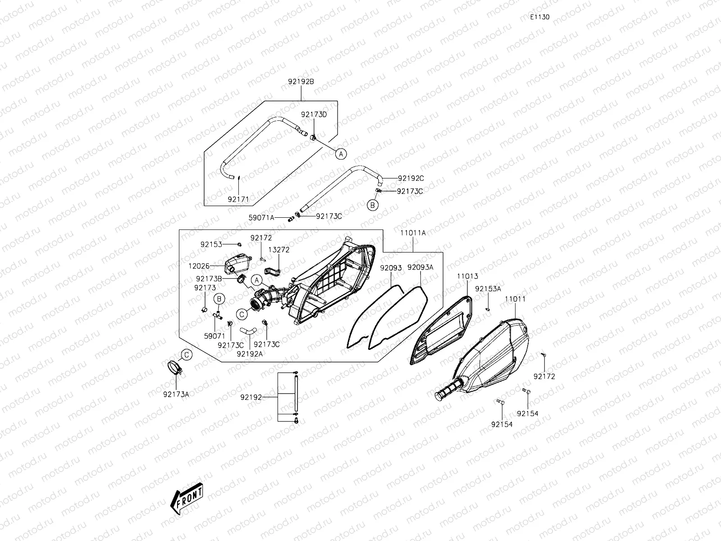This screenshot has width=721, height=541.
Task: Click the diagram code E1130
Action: (539, 17)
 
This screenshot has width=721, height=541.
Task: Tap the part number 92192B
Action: (301, 82)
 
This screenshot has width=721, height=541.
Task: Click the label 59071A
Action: (261, 217)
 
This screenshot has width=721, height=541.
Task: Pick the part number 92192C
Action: (411, 179)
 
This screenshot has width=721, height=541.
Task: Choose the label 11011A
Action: (413, 233)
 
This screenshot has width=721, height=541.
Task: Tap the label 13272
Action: (279, 249)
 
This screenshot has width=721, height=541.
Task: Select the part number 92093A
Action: (420, 267)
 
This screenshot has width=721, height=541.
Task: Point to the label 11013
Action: (467, 276)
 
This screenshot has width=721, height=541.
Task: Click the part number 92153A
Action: (488, 289)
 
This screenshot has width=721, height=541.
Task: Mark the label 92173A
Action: (176, 394)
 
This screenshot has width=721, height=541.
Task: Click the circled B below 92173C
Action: (372, 206)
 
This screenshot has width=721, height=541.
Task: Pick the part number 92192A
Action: (249, 354)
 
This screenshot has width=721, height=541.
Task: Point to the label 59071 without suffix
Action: (214, 336)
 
